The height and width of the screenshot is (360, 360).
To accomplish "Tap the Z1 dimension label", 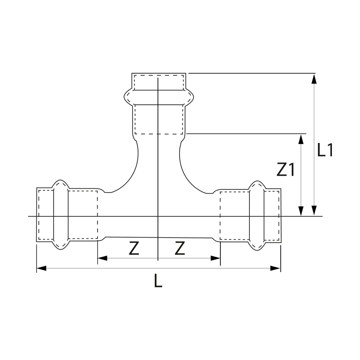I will pyautogui.click(x=285, y=170).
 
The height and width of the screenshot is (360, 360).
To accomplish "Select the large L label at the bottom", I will pyautogui.click(x=158, y=280).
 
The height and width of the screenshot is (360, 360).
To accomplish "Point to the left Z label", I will pyautogui.click(x=134, y=248).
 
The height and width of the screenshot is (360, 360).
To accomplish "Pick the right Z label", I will pyautogui.click(x=180, y=248).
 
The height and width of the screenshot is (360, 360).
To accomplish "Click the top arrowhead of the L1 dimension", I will pyautogui.click(x=314, y=78).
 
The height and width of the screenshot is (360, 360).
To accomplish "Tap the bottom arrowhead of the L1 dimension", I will pyautogui.click(x=314, y=211).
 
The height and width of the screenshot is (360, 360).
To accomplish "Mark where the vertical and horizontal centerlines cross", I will pyautogui.click(x=158, y=216).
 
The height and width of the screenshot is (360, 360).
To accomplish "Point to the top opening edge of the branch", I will pyautogui.click(x=159, y=74).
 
